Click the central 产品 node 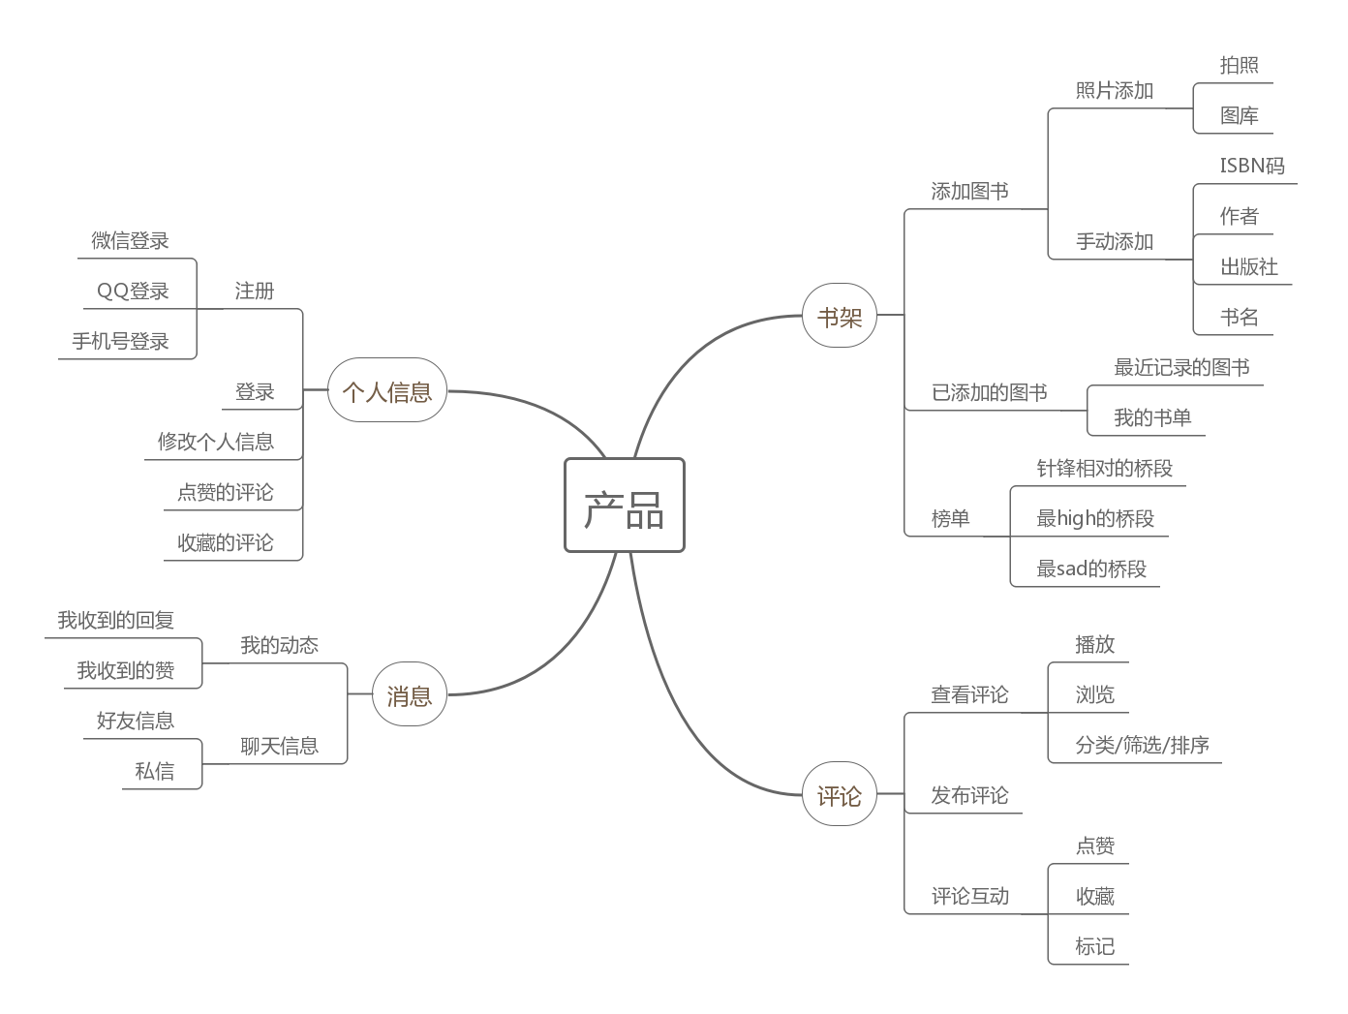pyautogui.click(x=625, y=506)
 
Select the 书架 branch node pyautogui.click(x=840, y=316)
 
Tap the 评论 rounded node pyautogui.click(x=840, y=796)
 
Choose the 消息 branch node pyautogui.click(x=410, y=695)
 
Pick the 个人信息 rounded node pyautogui.click(x=387, y=391)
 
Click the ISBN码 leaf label pyautogui.click(x=1251, y=166)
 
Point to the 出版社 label pyautogui.click(x=1248, y=266)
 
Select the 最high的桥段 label pyautogui.click(x=1095, y=518)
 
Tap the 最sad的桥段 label pyautogui.click(x=1091, y=568)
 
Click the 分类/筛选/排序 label pyautogui.click(x=1142, y=745)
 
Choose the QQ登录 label pyautogui.click(x=133, y=291)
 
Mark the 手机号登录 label pyautogui.click(x=120, y=341)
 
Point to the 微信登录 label pyautogui.click(x=130, y=240)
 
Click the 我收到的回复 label pyautogui.click(x=115, y=620)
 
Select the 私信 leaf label pyautogui.click(x=154, y=771)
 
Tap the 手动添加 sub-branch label pyautogui.click(x=1115, y=241)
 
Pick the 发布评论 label pyautogui.click(x=969, y=795)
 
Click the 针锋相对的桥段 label pyautogui.click(x=1104, y=468)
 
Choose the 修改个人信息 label pyautogui.click(x=215, y=442)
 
